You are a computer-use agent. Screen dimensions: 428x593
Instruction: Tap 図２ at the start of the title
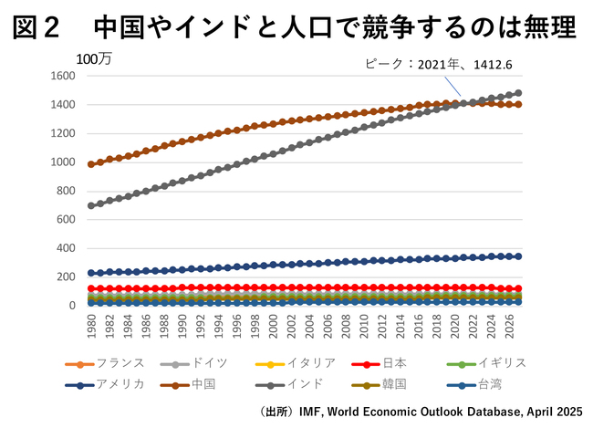click(37, 27)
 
